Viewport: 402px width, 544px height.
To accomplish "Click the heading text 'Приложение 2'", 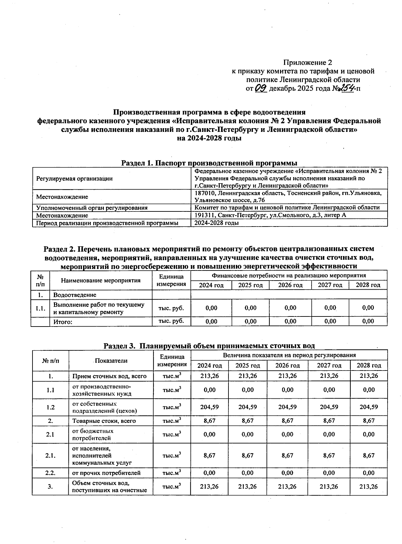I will pos(308,62).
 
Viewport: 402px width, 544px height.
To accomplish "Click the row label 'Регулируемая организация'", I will pos(74,179).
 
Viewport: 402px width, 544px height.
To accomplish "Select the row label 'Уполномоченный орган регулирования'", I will pos(92,208).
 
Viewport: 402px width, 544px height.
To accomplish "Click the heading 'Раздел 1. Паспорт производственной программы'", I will pos(209,163).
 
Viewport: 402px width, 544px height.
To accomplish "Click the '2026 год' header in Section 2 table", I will pos(290,285).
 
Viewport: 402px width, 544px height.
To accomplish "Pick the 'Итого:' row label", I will pos(63,322).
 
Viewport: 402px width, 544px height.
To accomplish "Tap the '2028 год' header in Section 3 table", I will pos(368,365).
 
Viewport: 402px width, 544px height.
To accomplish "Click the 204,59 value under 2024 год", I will pos(209,407).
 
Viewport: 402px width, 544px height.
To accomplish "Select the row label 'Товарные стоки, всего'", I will pos(104,421).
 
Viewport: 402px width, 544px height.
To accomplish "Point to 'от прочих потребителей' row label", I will pos(106,473).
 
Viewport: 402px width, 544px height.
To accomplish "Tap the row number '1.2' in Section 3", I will pos(51,407).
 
